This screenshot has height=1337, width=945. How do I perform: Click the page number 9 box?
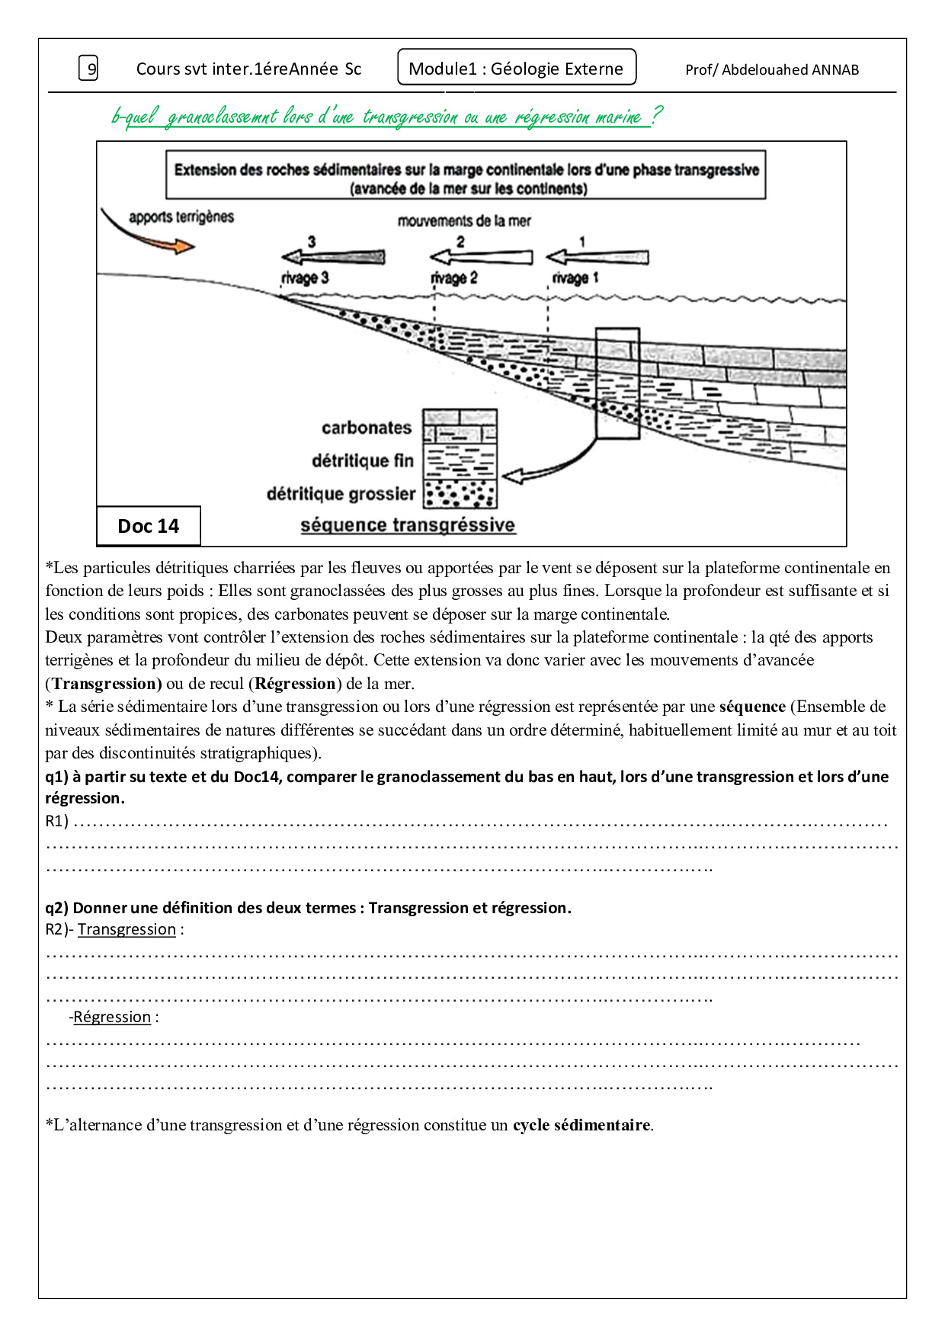tap(89, 69)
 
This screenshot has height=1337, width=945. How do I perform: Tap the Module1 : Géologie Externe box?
tap(517, 68)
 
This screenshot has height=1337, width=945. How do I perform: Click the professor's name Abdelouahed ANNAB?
tap(772, 69)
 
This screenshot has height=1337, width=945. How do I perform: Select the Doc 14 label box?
tap(149, 526)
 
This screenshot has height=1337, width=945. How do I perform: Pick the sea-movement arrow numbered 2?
tap(481, 256)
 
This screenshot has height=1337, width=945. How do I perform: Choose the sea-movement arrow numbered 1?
tap(597, 256)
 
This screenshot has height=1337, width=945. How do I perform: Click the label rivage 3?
tap(305, 278)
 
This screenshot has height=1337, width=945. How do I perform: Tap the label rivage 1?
tap(575, 278)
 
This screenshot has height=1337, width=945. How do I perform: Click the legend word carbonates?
tap(366, 428)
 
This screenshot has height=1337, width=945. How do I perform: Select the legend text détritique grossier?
tap(341, 494)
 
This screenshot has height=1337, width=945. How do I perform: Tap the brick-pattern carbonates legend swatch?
tap(460, 426)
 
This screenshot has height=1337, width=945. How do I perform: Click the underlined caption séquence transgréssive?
tap(408, 525)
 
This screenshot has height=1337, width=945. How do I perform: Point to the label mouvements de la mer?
tap(464, 221)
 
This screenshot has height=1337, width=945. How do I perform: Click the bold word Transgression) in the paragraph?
tap(107, 683)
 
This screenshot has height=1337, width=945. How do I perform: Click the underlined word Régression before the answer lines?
tap(112, 1017)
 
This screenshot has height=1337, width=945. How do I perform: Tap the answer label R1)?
tap(57, 821)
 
